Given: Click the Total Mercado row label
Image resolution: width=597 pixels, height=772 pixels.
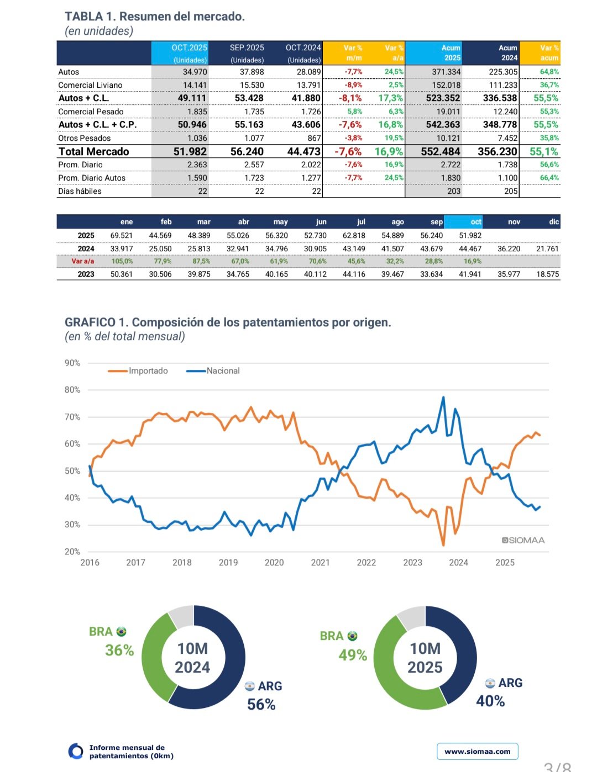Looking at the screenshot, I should [94, 152].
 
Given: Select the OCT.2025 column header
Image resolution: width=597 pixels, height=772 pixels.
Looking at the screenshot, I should [189, 48].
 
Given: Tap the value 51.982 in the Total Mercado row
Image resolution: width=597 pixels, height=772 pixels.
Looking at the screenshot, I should [190, 152].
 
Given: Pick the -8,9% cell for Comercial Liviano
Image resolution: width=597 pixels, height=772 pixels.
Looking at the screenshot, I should [353, 85].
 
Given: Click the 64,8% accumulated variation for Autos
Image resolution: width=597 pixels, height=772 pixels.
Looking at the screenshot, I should [549, 72].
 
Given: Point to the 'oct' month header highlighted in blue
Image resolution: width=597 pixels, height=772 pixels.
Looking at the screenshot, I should [475, 222].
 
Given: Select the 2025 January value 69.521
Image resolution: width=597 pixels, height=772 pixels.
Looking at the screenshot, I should [122, 236].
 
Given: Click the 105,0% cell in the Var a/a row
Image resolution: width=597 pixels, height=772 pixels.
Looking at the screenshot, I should [122, 261].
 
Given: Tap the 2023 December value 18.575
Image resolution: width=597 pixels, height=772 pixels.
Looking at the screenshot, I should [547, 274].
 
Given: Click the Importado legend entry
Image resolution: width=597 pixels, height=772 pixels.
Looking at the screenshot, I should [148, 371].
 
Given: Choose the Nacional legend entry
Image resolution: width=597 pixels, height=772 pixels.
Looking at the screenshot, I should [223, 371].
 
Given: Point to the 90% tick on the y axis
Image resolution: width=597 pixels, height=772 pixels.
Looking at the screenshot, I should [72, 363].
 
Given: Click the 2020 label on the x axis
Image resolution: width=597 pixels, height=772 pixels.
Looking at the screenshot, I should [274, 563].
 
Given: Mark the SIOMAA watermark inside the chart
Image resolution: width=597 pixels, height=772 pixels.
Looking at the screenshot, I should [523, 540].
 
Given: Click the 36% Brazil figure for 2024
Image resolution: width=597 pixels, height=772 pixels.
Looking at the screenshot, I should [119, 651].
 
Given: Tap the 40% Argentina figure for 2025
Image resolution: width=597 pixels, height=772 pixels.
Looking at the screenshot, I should [490, 701].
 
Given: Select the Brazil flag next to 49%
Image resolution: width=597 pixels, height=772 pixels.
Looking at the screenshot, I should [353, 636].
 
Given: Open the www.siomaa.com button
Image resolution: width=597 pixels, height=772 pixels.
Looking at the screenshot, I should [478, 752].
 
